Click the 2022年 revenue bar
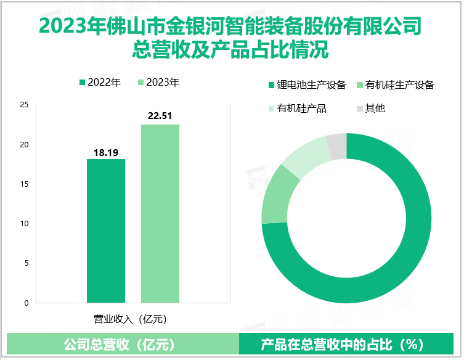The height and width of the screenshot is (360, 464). point(106,231)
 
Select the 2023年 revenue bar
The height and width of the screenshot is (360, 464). point(160,214)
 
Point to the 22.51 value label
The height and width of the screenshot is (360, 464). point(160,116)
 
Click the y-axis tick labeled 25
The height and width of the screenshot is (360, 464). point(24,105)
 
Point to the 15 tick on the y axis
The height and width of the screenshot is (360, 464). point(24,184)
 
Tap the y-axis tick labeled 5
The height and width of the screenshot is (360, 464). point(26,263)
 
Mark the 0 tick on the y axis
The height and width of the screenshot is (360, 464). point(26,303)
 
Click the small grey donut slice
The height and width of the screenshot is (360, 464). point(337,146)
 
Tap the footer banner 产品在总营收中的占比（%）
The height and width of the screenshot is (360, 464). point(348,344)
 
